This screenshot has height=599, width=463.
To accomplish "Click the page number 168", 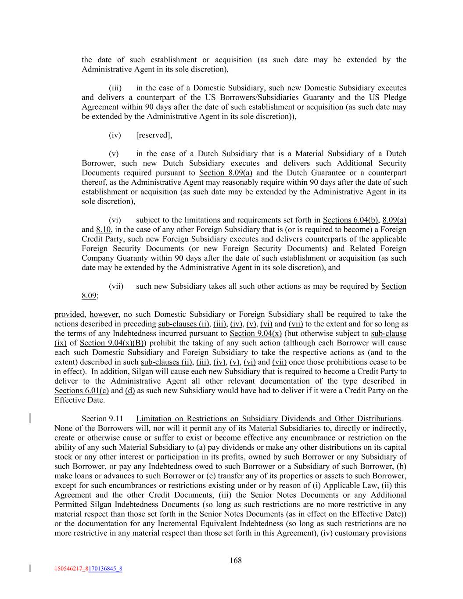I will point(236,560).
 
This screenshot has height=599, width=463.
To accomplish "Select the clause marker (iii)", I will point(115,88).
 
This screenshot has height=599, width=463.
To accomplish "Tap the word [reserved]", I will point(154,135).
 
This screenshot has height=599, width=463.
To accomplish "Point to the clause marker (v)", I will point(114,154).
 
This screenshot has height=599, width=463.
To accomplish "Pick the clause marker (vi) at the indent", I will point(115,220).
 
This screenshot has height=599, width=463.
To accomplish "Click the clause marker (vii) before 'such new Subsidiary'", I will point(116,286).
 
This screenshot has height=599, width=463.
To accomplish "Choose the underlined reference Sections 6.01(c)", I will point(82,391).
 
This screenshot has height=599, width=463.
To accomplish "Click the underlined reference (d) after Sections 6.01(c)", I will point(130,391).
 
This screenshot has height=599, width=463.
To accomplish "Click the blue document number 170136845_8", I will point(105,569).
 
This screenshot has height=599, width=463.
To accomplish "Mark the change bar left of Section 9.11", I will point(30,418).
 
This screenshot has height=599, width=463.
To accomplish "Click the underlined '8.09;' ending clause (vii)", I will point(90,296).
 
